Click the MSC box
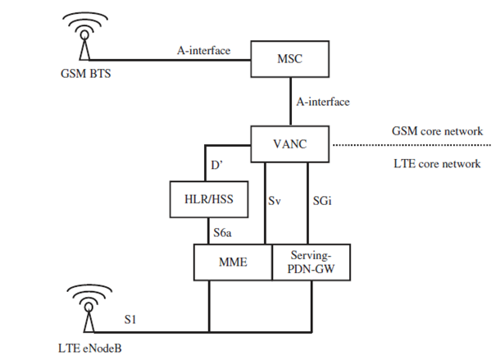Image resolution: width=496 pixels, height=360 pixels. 288,60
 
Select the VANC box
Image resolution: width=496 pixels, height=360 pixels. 288,145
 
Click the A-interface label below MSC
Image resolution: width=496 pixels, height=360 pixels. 324,103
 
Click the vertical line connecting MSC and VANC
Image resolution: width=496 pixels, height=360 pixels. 288,103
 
